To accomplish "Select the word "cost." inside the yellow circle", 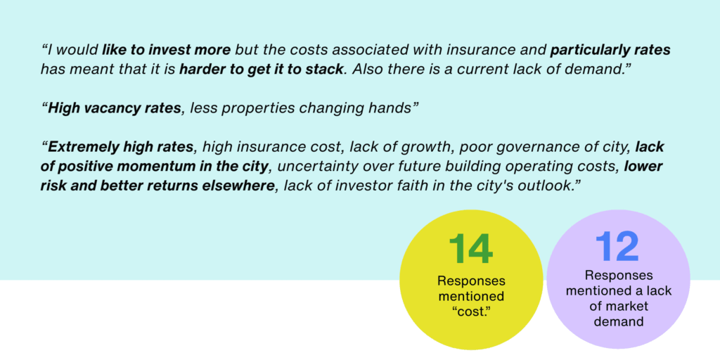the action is [x=471, y=313].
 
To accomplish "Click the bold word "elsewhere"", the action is [x=243, y=186].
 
